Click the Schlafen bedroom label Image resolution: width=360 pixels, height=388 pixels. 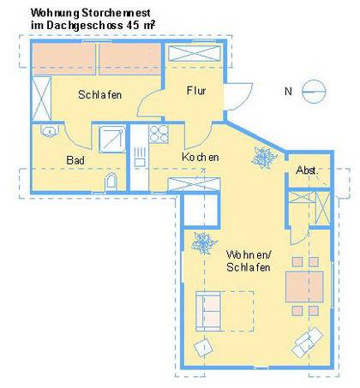point(99,94)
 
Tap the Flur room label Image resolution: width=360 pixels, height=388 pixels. point(196,91)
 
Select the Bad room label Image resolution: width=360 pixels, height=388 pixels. point(75,160)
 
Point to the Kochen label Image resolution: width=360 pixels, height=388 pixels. point(201,157)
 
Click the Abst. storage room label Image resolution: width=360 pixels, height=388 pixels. point(307,170)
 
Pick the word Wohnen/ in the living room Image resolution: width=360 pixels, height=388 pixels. point(249,254)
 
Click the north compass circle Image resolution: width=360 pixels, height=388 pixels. point(314,92)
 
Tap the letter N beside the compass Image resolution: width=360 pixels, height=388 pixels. point(288,92)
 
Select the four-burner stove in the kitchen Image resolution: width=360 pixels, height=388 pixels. point(159,134)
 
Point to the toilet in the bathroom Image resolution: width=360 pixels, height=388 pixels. point(111,182)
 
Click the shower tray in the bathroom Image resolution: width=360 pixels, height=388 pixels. point(112,139)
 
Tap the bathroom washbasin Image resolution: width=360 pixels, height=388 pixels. point(50,131)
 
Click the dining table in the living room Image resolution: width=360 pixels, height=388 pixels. point(304,287)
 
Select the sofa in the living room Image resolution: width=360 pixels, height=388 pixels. point(208,311)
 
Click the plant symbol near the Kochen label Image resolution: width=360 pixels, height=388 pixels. point(264,158)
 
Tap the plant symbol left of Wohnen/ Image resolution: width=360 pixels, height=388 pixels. point(204,243)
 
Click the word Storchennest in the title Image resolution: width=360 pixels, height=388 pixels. point(116,13)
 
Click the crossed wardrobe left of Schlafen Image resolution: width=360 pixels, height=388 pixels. point(41,98)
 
